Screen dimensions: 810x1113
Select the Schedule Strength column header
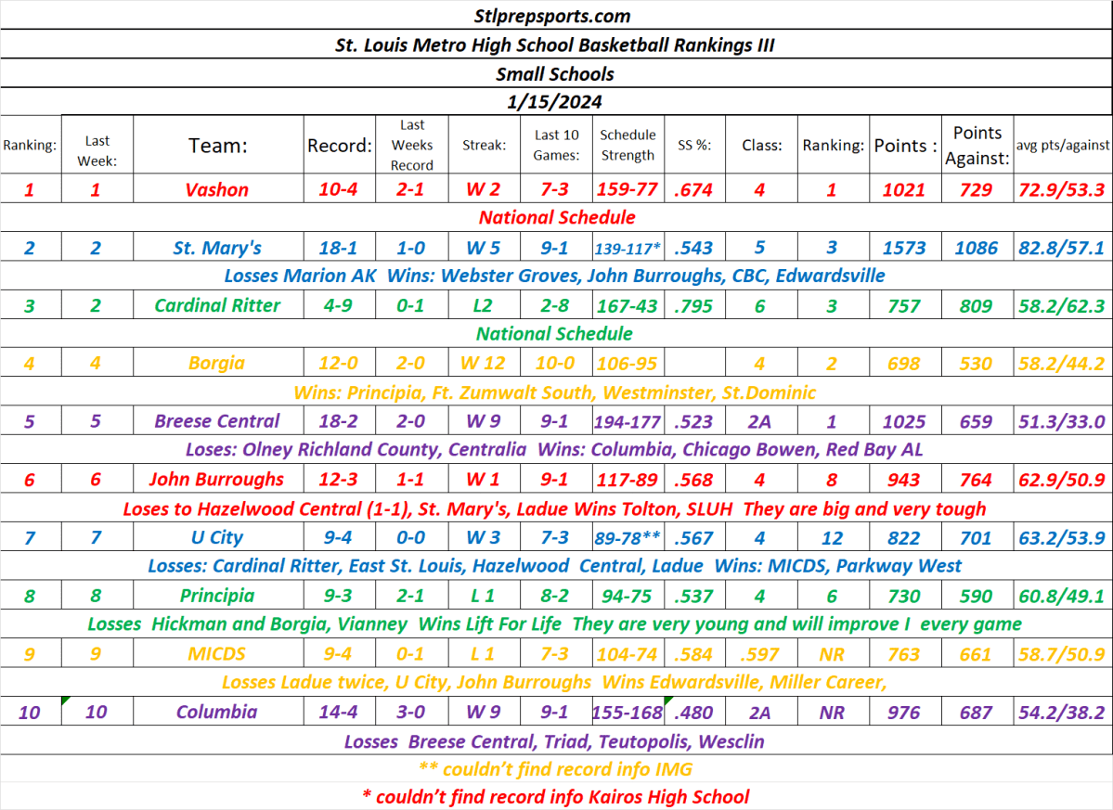point(628,145)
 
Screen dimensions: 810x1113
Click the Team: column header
point(218,145)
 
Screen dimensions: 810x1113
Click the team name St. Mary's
point(217,248)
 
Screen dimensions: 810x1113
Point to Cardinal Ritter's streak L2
point(484,305)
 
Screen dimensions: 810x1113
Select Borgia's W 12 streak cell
point(484,363)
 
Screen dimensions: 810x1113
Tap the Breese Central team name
point(217,421)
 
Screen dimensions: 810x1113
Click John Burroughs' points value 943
point(903,480)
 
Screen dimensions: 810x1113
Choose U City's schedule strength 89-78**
point(628,537)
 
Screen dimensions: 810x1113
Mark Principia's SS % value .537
point(692,596)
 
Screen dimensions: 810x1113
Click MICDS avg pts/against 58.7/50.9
point(1062,654)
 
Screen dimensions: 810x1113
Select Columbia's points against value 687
point(976,713)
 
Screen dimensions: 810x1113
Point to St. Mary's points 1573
point(903,248)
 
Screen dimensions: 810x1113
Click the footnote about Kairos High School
point(556,796)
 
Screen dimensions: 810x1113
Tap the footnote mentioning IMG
point(556,769)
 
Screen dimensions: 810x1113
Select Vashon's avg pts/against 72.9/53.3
point(1062,189)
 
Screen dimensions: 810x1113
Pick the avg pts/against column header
point(1062,145)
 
